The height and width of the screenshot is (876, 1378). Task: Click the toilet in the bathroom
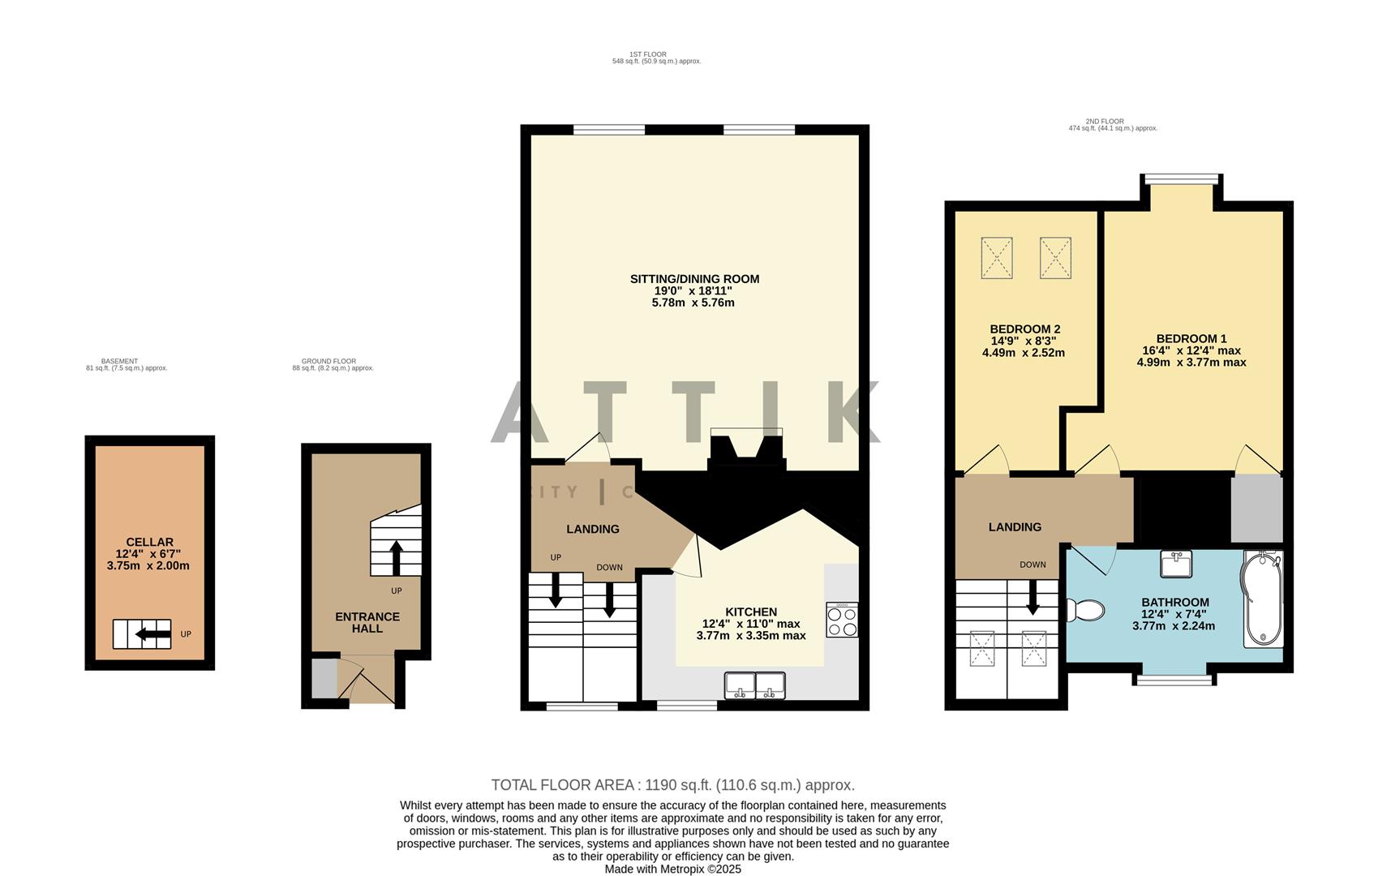click(x=1085, y=610)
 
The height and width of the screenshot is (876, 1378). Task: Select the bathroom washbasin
click(x=1175, y=564)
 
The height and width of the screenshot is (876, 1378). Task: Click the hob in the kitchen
click(x=842, y=620)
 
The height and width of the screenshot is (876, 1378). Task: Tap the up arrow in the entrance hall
click(x=396, y=558)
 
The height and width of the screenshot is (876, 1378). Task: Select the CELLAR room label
click(x=149, y=542)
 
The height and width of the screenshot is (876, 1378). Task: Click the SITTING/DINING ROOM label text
click(x=694, y=279)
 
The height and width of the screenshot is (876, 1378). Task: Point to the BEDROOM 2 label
click(x=1024, y=329)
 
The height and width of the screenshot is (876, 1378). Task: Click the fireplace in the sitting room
click(x=746, y=450)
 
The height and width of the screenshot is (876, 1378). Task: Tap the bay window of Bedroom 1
click(x=1180, y=178)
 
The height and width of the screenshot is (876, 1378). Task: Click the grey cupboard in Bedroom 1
click(x=1256, y=509)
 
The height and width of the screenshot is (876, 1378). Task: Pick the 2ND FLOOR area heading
click(x=1112, y=125)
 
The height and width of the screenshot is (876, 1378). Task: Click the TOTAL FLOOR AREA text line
click(x=672, y=785)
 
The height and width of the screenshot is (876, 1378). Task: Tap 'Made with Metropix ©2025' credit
click(x=672, y=869)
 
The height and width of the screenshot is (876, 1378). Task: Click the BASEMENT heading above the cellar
click(x=126, y=364)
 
